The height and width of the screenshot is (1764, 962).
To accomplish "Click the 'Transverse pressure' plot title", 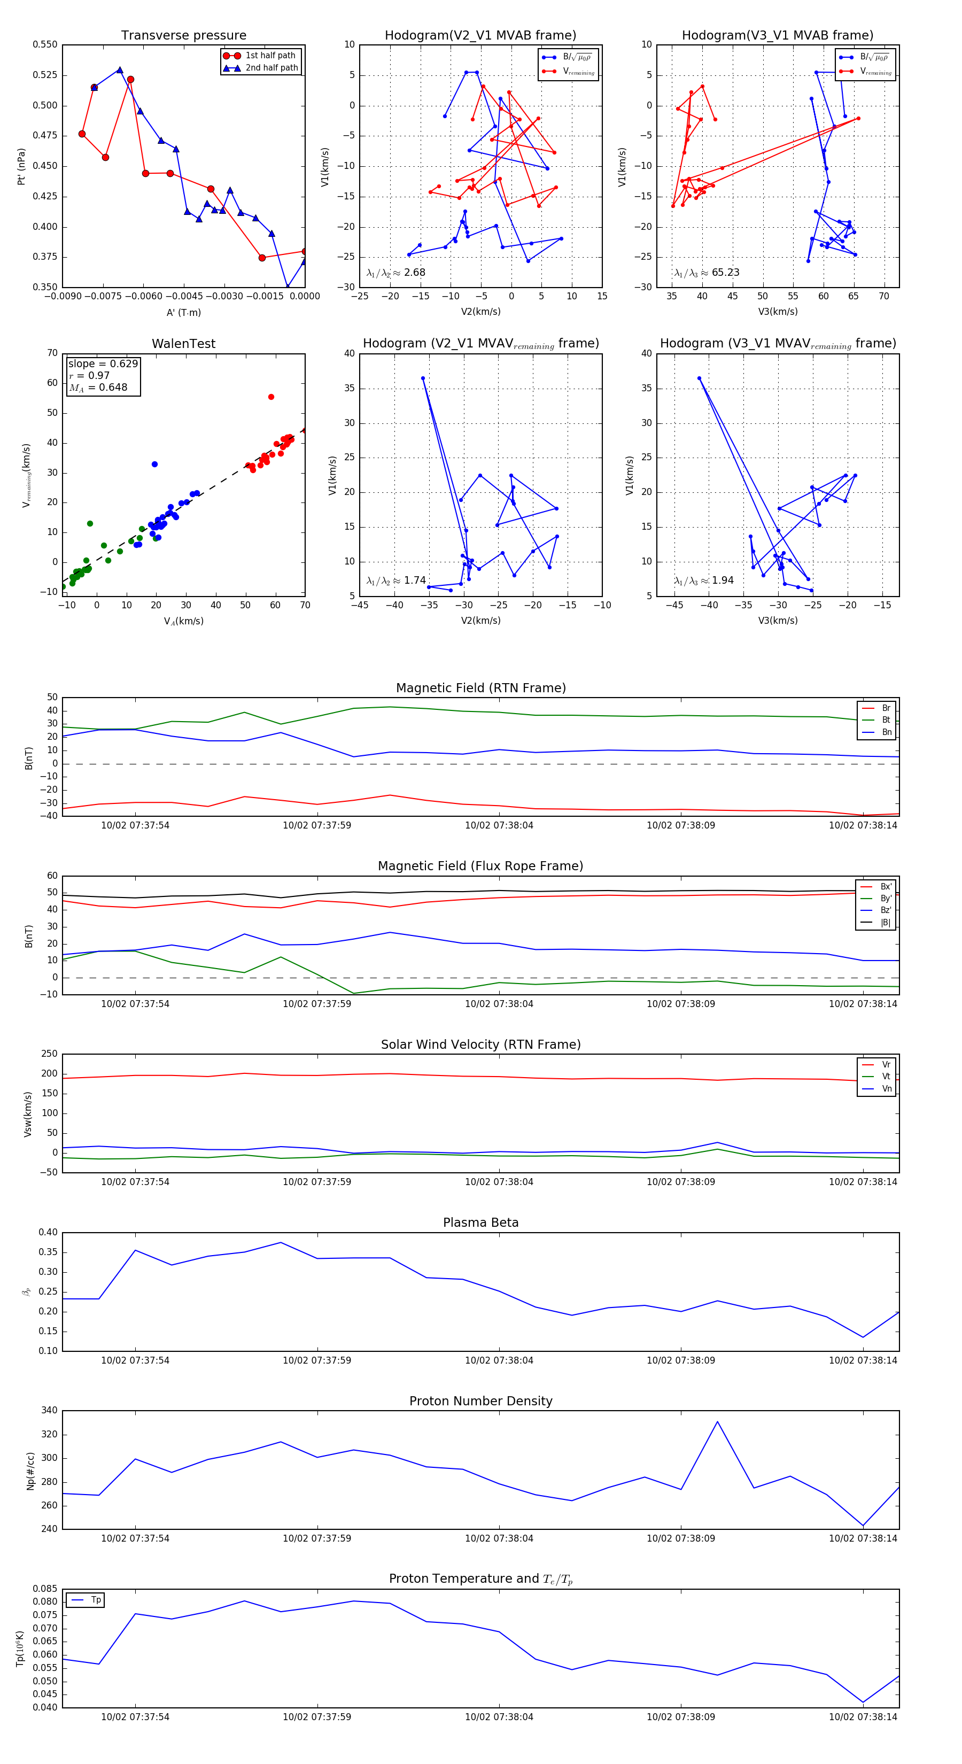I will (x=183, y=36).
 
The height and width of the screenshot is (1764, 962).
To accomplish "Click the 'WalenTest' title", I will (x=183, y=344).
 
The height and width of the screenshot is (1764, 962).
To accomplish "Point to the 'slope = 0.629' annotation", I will (x=103, y=363).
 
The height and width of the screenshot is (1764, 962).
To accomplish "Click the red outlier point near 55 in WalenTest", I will (x=271, y=397).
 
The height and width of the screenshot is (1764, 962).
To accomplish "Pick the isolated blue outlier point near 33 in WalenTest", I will (x=155, y=465).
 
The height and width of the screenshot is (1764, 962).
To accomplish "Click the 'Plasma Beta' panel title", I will (x=480, y=1223).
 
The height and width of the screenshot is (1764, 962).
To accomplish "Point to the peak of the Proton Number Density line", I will (x=718, y=1421).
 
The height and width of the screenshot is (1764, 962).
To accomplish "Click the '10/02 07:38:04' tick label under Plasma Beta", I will (x=499, y=1360).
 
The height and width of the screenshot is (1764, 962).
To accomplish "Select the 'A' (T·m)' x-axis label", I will (x=183, y=312).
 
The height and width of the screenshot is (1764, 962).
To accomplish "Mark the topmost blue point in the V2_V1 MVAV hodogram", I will (x=423, y=378).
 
